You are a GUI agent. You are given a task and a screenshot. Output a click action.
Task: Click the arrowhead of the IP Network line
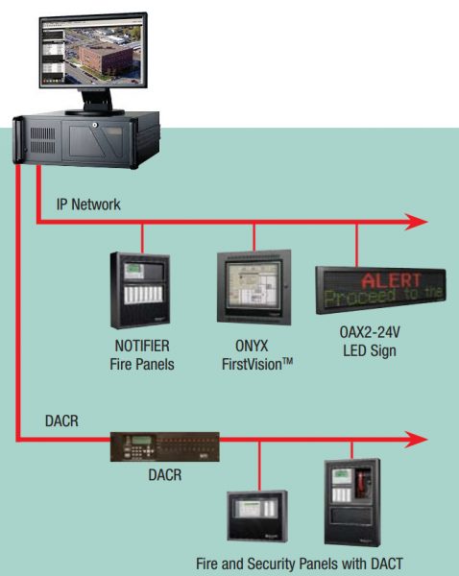(415, 223)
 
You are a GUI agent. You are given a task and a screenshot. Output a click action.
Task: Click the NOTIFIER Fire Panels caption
(142, 354)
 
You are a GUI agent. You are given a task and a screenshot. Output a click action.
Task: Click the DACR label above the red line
(60, 420)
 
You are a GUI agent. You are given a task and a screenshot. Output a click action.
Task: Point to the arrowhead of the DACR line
(415, 440)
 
